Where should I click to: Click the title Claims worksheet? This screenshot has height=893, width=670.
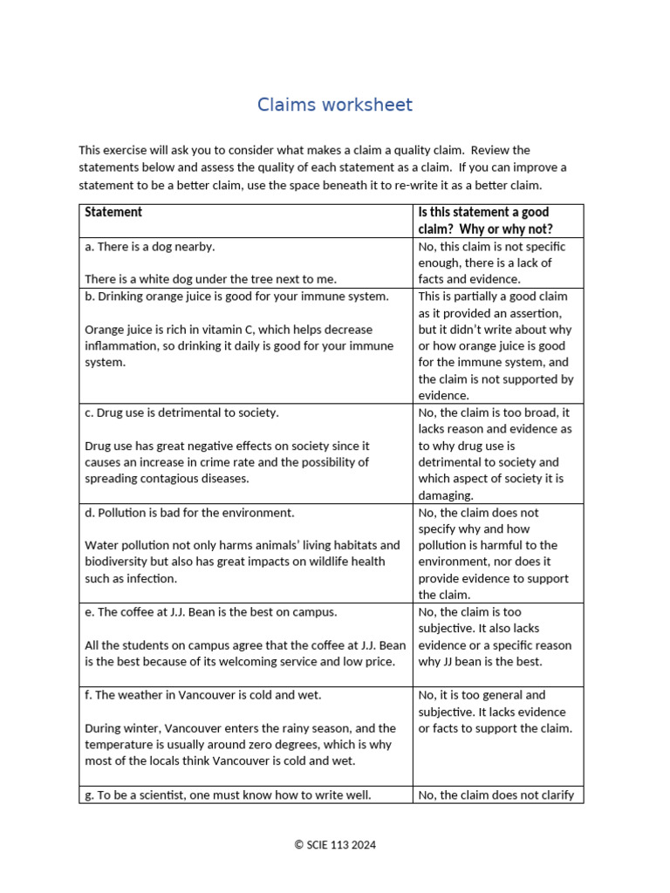(x=334, y=106)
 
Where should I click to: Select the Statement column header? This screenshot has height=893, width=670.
(x=113, y=212)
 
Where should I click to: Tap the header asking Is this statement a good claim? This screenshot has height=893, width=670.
(x=484, y=221)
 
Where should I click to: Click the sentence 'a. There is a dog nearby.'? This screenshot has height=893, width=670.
(x=149, y=247)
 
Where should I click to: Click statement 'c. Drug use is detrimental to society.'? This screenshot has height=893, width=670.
(x=181, y=412)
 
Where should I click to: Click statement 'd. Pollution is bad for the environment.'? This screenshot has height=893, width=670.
(x=189, y=513)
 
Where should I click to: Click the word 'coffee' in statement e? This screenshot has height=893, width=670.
(x=139, y=612)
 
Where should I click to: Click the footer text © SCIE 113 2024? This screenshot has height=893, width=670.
(x=335, y=844)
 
